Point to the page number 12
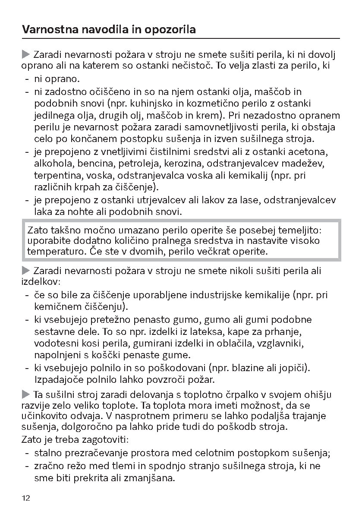(26, 498)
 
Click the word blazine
(248, 368)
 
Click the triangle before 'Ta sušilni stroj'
(26, 394)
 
